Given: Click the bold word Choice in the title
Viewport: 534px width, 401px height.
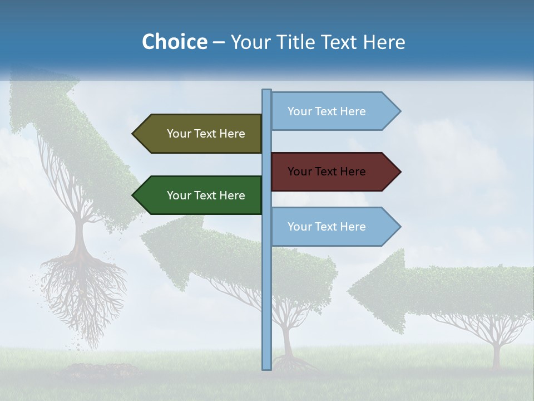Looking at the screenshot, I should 174,42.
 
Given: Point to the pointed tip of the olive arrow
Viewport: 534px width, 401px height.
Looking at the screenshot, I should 133,134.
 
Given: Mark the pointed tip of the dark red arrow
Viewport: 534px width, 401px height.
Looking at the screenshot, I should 400,172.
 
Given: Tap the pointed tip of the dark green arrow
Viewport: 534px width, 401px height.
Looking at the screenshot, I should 133,195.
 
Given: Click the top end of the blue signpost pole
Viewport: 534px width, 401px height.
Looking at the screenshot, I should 266,91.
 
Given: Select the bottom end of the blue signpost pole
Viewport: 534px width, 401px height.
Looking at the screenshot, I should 266,368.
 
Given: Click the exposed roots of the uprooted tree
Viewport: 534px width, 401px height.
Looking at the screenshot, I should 83,290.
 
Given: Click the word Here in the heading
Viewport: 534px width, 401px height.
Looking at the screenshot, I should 384,42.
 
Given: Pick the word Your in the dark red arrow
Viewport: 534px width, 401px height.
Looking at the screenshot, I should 299,172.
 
